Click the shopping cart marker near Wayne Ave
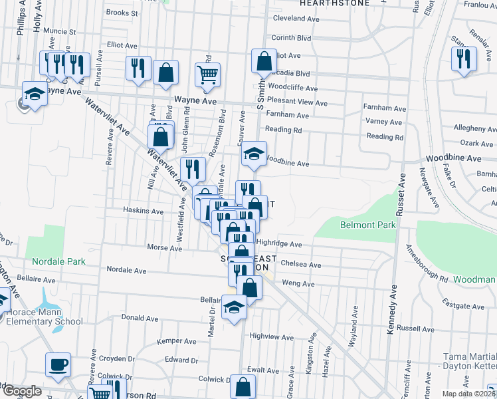pyautogui.click(x=208, y=74)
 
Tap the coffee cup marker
pyautogui.click(x=57, y=364)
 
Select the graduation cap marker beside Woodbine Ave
pyautogui.click(x=252, y=154)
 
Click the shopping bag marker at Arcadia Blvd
pyautogui.click(x=264, y=61)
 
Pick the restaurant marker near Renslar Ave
pyautogui.click(x=464, y=59)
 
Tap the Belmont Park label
pyautogui.click(x=368, y=225)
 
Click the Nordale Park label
pyautogui.click(x=58, y=261)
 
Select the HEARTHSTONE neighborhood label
pyautogui.click(x=334, y=3)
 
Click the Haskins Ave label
pyautogui.click(x=143, y=211)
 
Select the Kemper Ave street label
pyautogui.click(x=177, y=341)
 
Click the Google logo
pyautogui.click(x=22, y=391)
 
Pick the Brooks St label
pyautogui.click(x=122, y=13)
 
